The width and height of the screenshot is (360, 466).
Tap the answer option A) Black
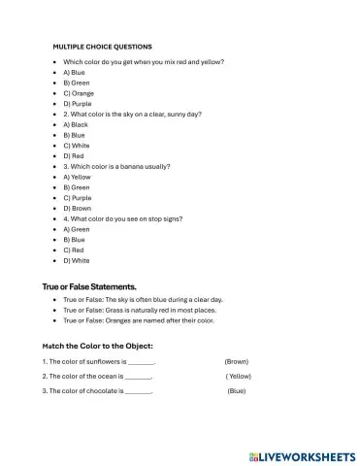pyautogui.click(x=76, y=124)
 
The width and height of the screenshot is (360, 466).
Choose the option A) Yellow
pyautogui.click(x=77, y=177)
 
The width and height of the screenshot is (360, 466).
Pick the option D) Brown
pyautogui.click(x=78, y=208)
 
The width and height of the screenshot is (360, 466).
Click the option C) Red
pyautogui.click(x=74, y=250)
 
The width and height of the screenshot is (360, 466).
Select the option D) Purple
pyautogui.click(x=78, y=103)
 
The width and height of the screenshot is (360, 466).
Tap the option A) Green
pyautogui.click(x=77, y=229)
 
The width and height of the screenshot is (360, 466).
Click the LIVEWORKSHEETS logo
pyautogui.click(x=302, y=454)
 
